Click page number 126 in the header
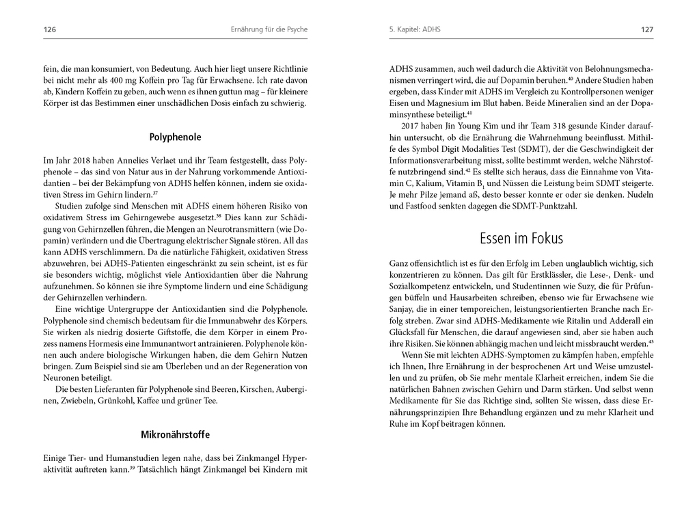click(49, 29)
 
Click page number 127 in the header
click(647, 29)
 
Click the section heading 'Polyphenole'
click(175, 137)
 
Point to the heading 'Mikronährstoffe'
click(175, 434)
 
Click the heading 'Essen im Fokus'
click(521, 238)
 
